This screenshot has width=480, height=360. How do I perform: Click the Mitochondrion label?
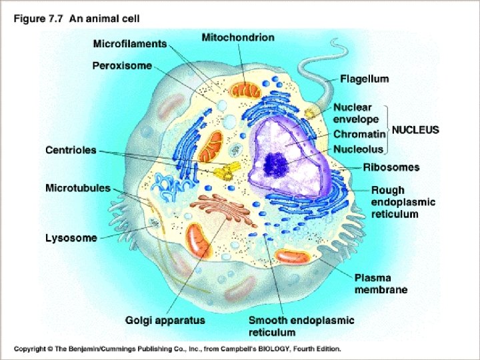tap(237, 37)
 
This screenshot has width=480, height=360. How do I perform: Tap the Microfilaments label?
tap(129, 44)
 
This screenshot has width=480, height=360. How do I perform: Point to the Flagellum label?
tap(364, 79)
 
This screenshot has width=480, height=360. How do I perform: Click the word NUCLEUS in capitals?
tap(415, 130)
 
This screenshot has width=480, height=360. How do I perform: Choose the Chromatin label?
tap(359, 135)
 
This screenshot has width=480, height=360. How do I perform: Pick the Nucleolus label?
tap(359, 149)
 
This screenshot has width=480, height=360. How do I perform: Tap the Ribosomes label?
tap(391, 167)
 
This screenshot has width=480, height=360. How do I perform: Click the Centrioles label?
tap(71, 151)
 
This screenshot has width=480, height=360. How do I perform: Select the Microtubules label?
tap(78, 188)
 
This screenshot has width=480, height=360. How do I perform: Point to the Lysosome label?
tap(71, 237)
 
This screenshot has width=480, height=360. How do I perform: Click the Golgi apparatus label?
tap(165, 320)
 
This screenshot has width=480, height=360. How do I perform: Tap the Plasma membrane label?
tap(381, 283)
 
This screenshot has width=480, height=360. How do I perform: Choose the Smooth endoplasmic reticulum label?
tap(301, 326)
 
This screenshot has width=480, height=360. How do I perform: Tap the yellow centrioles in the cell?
tap(225, 171)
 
